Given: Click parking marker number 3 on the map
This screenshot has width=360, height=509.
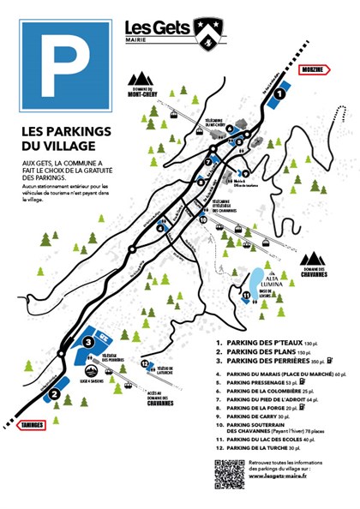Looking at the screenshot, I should [x=87, y=341].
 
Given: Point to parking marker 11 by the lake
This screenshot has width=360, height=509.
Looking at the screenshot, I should [x=246, y=296].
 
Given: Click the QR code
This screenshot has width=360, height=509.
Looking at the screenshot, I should [x=229, y=474].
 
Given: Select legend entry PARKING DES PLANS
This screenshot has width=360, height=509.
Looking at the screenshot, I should [x=261, y=351].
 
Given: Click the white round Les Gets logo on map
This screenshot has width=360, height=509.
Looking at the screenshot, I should [x=134, y=249].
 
